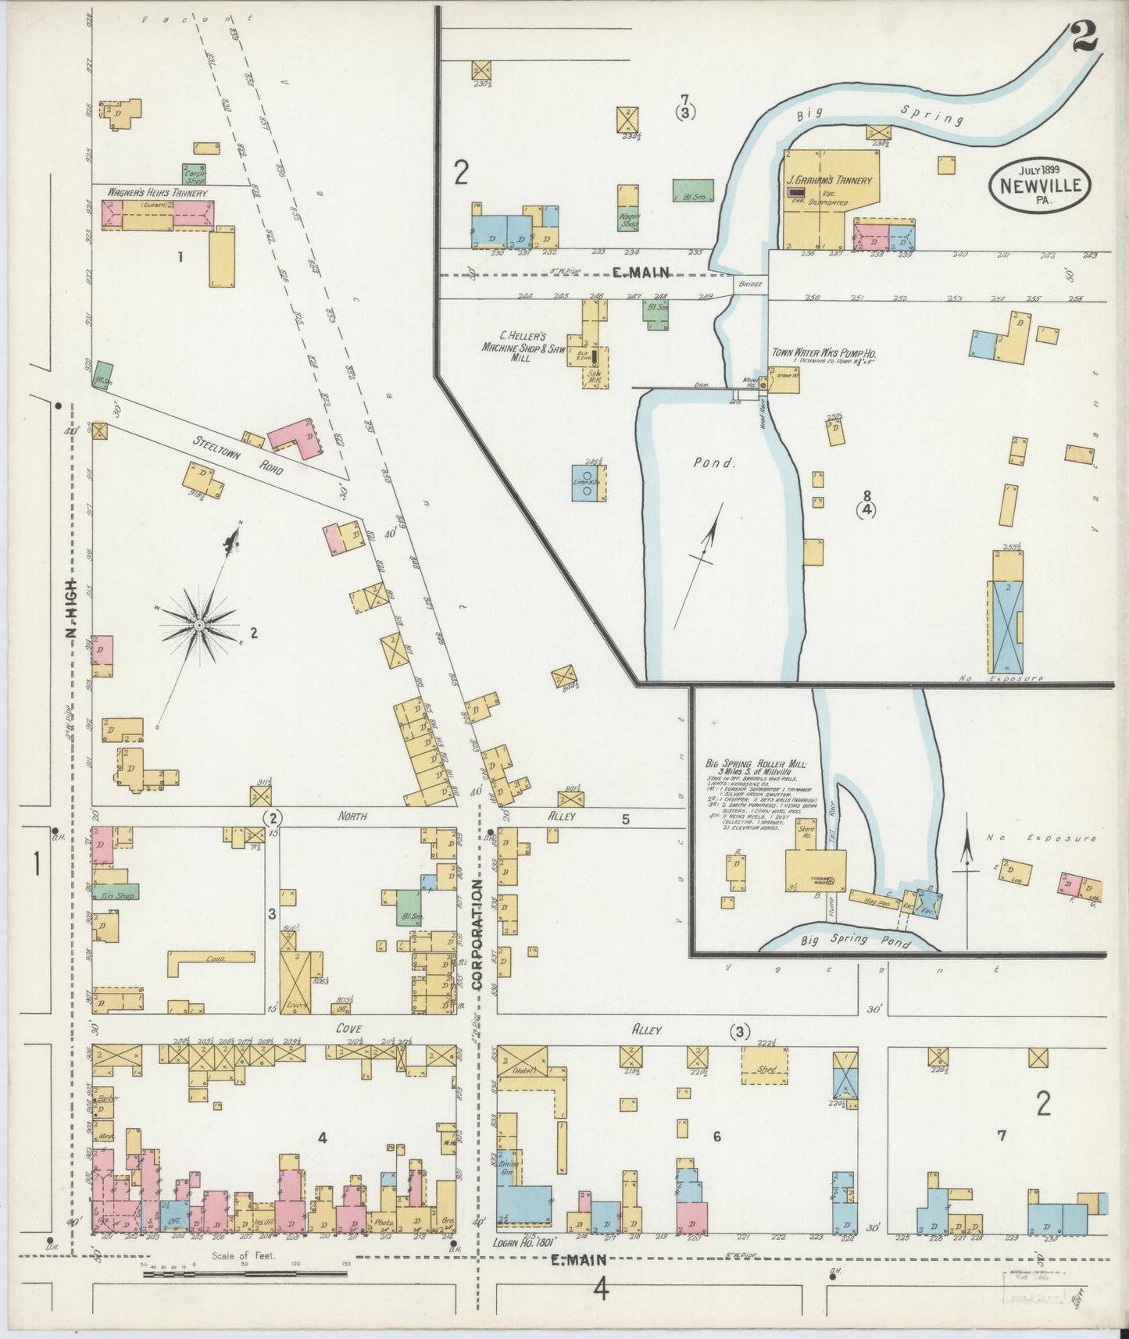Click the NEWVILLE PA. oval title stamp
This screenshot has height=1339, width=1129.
point(1036,185)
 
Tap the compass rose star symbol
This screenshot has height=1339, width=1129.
point(199,626)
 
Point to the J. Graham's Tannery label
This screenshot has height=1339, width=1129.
point(829,180)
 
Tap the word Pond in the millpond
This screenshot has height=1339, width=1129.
point(715,462)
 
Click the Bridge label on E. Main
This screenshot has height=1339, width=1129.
point(750,284)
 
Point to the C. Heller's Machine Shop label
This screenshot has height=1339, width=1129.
point(518,346)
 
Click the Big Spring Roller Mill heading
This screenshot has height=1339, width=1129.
point(755,763)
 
